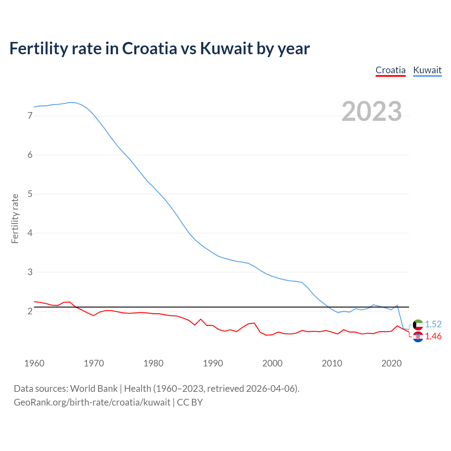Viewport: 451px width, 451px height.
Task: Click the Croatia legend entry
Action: [390, 70]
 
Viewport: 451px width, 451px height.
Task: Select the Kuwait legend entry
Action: [427, 70]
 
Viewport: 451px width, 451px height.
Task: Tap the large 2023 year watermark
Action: [372, 111]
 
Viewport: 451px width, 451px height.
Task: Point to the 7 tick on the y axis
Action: [30, 116]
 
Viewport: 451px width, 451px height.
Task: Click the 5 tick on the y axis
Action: [30, 194]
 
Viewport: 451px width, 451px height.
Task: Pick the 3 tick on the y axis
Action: [30, 272]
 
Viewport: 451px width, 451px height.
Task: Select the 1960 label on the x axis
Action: [34, 363]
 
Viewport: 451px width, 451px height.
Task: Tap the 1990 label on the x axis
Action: [213, 363]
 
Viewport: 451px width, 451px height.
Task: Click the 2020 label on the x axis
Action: [391, 363]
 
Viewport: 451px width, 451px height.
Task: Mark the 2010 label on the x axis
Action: [332, 363]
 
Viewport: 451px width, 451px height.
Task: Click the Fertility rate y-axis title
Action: [15, 218]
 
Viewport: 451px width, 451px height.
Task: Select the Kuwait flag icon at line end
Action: [418, 325]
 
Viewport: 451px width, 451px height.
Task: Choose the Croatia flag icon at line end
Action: [418, 337]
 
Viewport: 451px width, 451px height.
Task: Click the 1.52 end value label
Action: [433, 325]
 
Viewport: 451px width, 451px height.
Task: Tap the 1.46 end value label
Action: [433, 336]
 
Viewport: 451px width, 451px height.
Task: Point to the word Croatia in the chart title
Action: [149, 48]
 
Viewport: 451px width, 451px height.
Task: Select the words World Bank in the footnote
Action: [94, 389]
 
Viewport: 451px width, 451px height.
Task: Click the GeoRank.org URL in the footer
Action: [92, 402]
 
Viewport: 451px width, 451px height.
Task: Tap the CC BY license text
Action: [190, 402]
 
